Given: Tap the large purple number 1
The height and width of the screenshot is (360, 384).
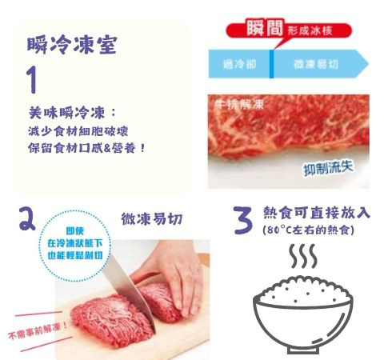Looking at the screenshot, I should [x=33, y=80].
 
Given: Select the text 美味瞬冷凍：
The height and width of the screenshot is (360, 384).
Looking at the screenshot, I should [x=72, y=113].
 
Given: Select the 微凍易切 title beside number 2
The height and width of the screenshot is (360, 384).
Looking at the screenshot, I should [x=153, y=218].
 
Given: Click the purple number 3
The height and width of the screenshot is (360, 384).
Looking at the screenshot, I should [x=242, y=219].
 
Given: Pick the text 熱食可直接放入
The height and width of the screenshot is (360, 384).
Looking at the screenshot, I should [x=317, y=213].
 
